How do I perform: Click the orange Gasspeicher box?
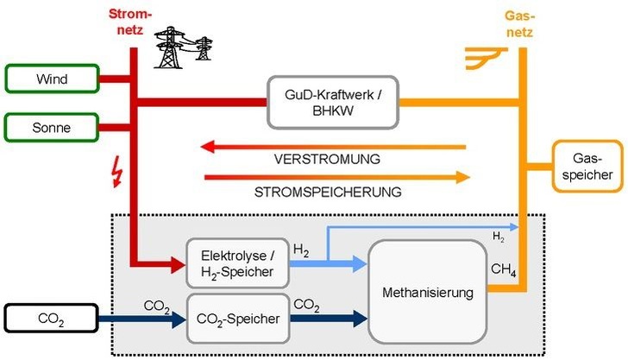[587, 166]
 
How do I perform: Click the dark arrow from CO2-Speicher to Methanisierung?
[328, 319]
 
